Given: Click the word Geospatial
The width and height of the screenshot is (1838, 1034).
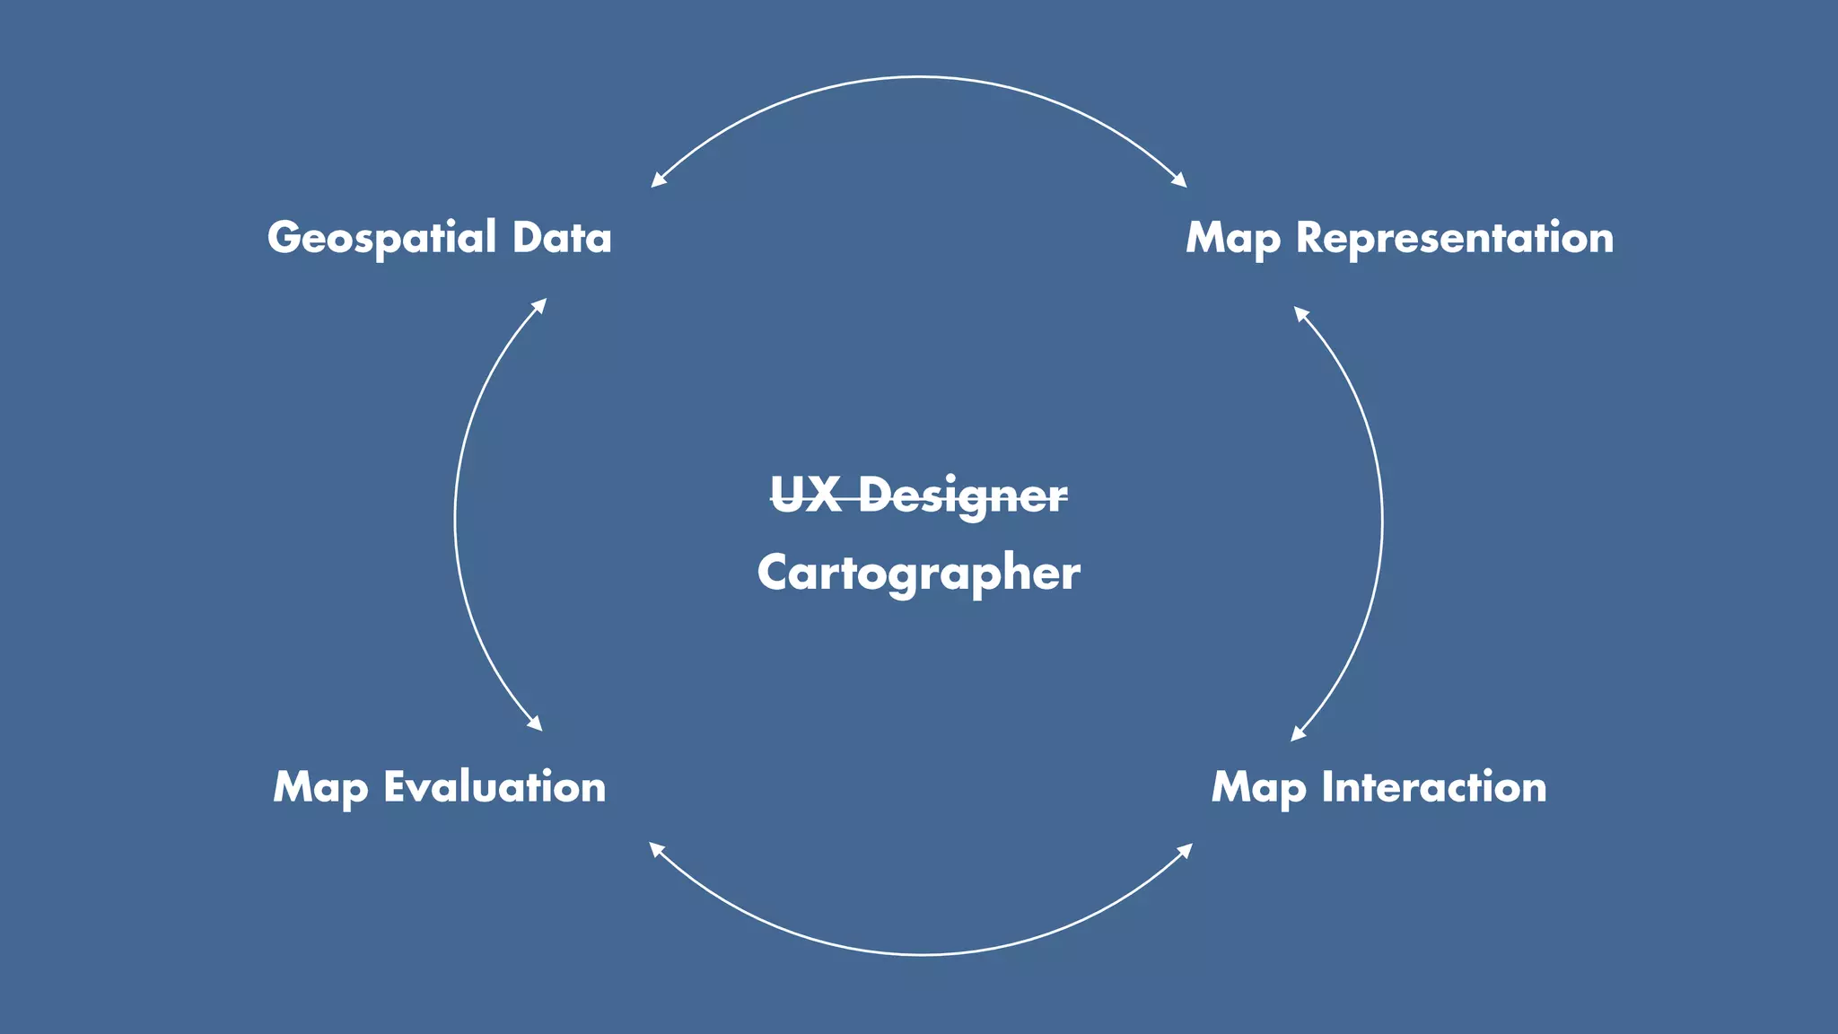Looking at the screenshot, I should pos(381,239).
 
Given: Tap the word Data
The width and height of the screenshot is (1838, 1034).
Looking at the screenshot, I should pos(562,238).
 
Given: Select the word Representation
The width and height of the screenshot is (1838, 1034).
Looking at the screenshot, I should pos(1455,238).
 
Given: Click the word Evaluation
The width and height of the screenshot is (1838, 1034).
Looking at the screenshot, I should pos(495,787).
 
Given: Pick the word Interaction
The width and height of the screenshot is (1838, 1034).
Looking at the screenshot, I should pos(1434,787).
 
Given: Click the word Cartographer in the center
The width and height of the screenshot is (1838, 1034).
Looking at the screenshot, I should pos(918,573).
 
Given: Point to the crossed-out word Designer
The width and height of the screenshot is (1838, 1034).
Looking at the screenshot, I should pos(963,495).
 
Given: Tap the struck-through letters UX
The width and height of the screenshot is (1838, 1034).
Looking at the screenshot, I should pos(805,495).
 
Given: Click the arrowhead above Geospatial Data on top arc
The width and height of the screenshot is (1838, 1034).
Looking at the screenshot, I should pos(657,180).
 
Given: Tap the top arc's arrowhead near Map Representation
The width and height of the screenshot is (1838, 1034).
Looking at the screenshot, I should pos(1181,181).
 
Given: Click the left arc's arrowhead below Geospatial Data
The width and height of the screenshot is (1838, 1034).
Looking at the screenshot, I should pos(540,304).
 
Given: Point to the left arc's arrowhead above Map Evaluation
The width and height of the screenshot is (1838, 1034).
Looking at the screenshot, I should pos(536,724).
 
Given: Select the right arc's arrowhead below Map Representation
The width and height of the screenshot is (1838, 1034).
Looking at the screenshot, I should pos(1300,313).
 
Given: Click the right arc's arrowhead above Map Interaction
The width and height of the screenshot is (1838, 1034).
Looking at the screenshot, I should pos(1297,735).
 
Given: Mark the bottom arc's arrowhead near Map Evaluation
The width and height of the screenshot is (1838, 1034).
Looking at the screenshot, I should pos(655,848).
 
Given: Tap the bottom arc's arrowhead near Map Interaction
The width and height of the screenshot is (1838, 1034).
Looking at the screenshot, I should pos(1186,849).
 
